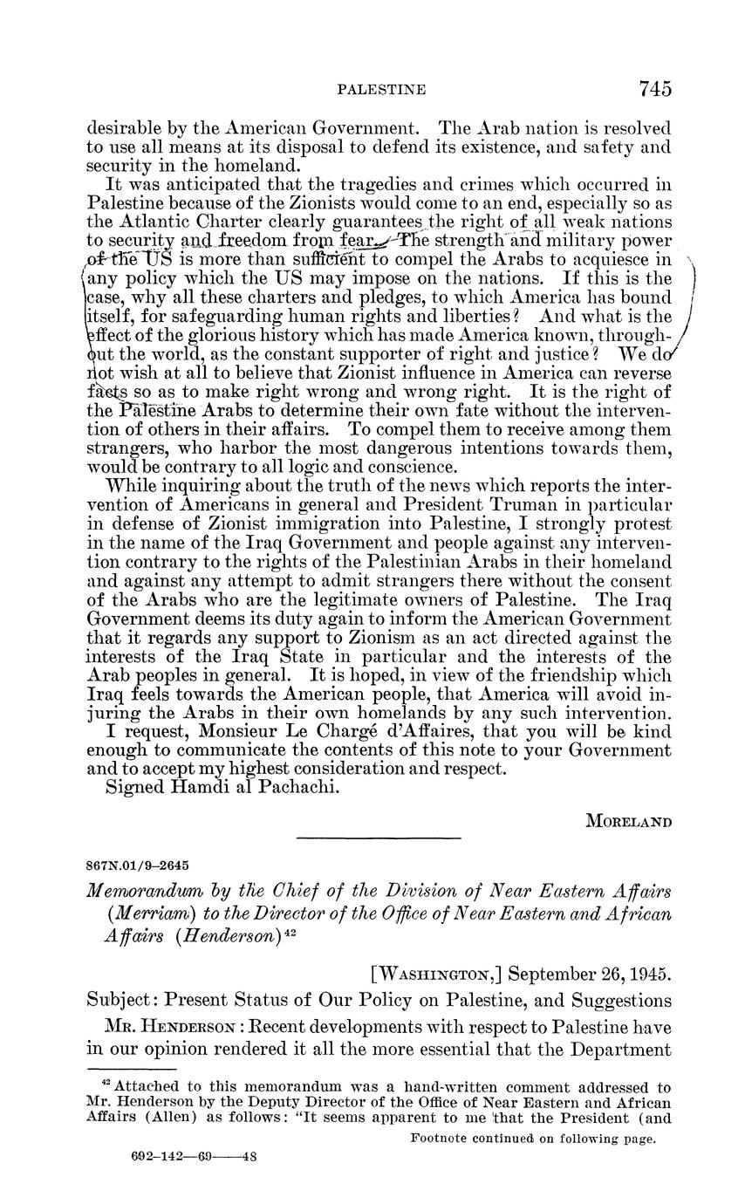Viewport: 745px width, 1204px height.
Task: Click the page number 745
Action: pos(654,89)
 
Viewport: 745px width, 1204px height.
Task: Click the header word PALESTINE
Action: pos(381,90)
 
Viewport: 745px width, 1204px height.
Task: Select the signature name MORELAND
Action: pos(628,822)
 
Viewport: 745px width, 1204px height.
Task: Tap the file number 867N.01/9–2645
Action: pos(138,865)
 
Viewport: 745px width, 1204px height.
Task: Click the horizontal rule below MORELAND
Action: pos(378,838)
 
